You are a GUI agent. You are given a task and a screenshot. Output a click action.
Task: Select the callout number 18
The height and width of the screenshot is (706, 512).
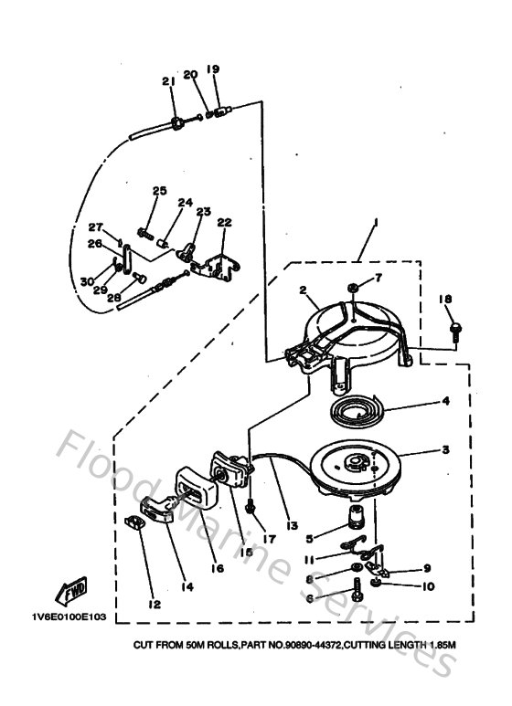tap(445, 300)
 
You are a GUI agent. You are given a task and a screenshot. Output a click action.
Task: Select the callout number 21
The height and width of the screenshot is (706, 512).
tap(168, 82)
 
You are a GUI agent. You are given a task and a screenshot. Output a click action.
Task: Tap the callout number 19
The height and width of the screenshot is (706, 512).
tap(212, 69)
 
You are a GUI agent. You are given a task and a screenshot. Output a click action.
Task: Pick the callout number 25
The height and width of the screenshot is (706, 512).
tap(160, 191)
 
